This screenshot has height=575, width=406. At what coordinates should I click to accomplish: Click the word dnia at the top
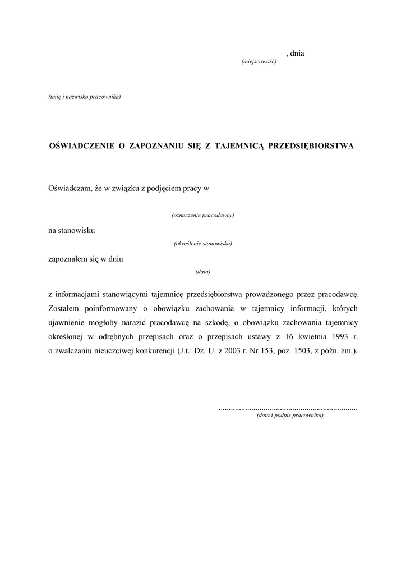click(x=297, y=53)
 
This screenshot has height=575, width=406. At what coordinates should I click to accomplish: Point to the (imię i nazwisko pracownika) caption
click(x=85, y=97)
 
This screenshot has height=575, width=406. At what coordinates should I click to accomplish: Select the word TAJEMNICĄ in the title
click(x=238, y=146)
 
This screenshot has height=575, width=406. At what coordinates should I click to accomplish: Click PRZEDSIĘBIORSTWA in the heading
click(x=311, y=146)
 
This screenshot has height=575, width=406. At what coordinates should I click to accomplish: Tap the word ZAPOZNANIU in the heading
click(x=157, y=146)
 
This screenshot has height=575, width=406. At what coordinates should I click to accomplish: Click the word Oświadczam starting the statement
click(x=69, y=189)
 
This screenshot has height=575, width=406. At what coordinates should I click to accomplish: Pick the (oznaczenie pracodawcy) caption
click(x=202, y=215)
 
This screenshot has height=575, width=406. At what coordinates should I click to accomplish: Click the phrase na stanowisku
click(x=72, y=231)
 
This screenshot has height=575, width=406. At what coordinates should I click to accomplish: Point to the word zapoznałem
click(x=67, y=259)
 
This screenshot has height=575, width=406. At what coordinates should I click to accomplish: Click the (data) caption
click(x=202, y=272)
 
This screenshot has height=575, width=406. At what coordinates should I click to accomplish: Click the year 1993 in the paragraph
click(x=334, y=337)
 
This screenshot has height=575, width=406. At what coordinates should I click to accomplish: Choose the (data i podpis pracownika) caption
click(x=290, y=416)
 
